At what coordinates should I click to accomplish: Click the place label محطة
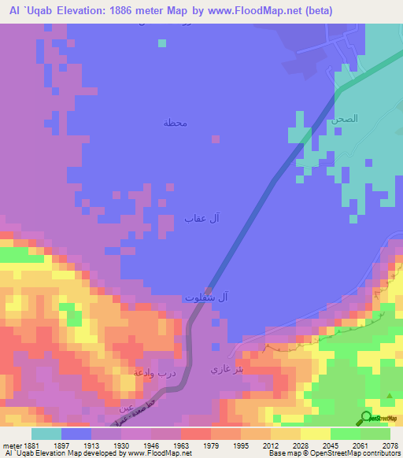175,124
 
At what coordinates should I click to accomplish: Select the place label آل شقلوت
206,297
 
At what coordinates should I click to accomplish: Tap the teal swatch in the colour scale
46,434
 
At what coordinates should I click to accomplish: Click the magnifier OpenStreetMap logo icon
366,417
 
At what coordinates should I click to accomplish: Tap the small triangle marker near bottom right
390,396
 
